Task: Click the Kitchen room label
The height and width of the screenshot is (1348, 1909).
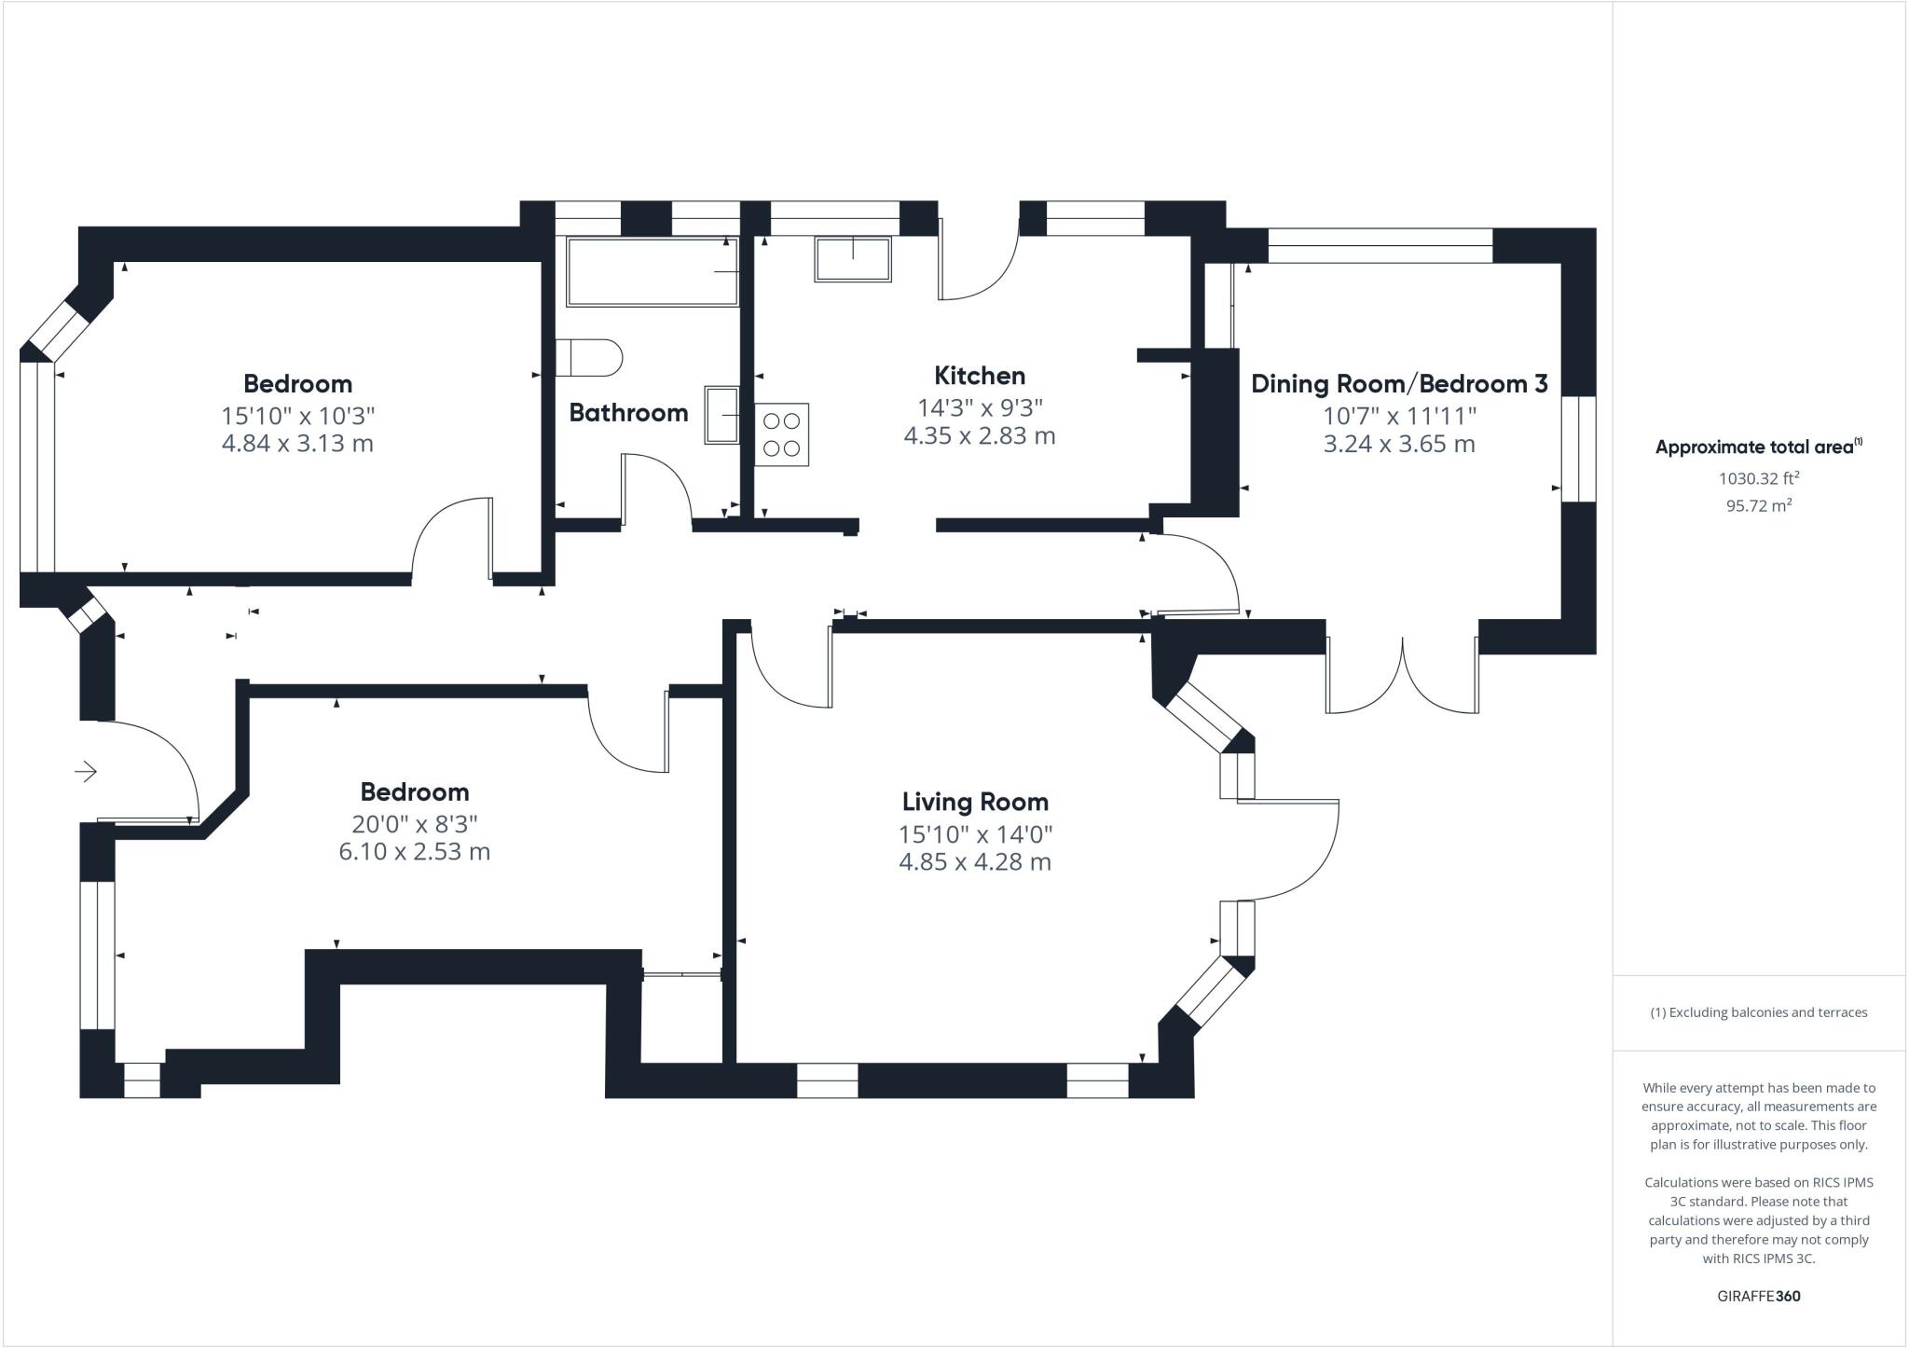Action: click(979, 376)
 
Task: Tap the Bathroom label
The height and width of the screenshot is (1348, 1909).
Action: click(628, 413)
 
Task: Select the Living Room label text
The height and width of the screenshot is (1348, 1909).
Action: click(975, 802)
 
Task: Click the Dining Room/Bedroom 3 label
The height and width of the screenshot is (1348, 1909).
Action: click(1398, 383)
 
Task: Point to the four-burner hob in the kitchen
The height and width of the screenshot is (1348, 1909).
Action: click(781, 434)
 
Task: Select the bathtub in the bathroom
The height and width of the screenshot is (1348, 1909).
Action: click(652, 271)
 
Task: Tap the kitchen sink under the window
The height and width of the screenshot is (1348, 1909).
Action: click(853, 259)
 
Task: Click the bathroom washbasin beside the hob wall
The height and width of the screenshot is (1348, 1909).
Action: click(721, 415)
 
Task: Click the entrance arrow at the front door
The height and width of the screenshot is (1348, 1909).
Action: click(86, 772)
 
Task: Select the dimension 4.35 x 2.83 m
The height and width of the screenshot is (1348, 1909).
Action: click(979, 435)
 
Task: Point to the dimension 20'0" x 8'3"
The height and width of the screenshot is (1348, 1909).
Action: click(414, 823)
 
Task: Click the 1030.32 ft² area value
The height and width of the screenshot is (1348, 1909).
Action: click(1758, 478)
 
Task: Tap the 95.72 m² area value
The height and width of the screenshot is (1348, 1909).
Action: click(1758, 506)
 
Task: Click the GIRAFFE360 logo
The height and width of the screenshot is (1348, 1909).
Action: click(1758, 1296)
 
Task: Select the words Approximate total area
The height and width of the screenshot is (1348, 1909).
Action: click(1753, 447)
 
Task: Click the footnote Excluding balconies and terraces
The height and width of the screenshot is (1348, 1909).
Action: click(1758, 1012)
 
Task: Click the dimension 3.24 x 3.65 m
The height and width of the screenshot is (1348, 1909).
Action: click(1398, 444)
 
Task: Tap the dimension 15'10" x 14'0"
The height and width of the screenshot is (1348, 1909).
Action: click(975, 833)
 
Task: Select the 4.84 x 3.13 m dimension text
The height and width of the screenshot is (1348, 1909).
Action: click(297, 443)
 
